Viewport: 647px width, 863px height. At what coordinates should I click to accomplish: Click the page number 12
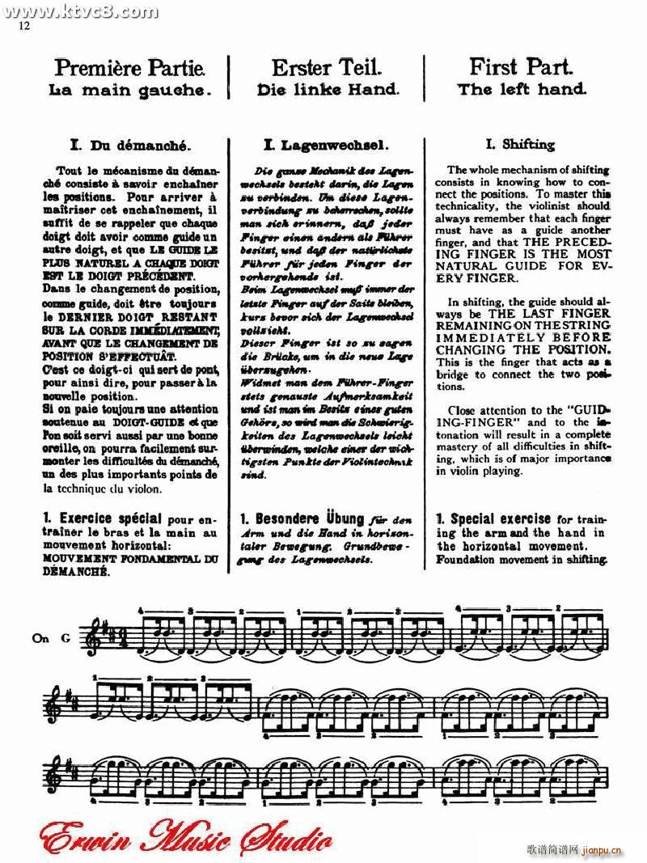coord(23,27)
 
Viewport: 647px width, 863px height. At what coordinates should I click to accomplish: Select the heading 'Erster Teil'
coord(327,67)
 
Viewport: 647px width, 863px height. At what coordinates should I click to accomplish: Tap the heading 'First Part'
coord(522,67)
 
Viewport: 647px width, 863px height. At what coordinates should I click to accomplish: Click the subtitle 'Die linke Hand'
coord(328,90)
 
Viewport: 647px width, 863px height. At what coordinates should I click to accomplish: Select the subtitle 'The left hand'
coord(522,90)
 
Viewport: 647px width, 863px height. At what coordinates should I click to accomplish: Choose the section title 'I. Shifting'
coord(520,145)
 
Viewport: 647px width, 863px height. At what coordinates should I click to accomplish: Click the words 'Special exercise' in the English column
coord(493,518)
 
